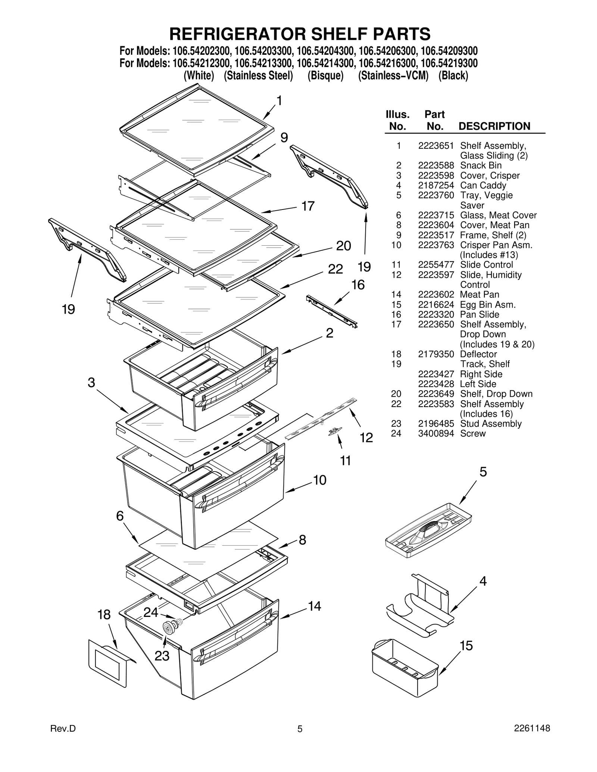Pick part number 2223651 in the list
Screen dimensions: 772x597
point(435,146)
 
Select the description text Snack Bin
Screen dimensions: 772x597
point(481,166)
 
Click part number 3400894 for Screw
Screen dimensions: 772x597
point(435,434)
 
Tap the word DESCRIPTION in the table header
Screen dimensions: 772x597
point(494,126)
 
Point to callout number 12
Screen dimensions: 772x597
point(366,438)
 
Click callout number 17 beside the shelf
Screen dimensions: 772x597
point(308,206)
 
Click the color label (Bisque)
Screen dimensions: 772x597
point(325,76)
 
